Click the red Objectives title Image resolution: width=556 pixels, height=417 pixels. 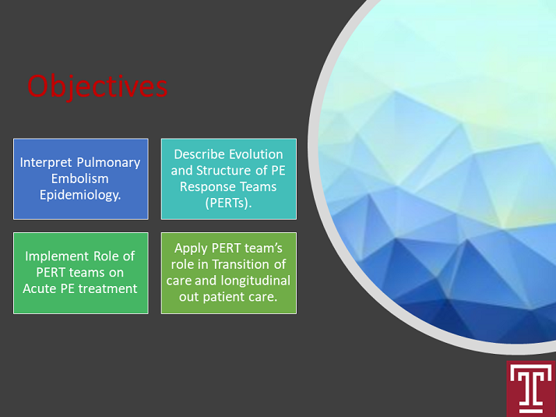coord(97,87)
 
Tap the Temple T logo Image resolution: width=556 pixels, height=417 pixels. coord(531,389)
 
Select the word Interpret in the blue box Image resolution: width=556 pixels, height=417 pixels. coord(46,163)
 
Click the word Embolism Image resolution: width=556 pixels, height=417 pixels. coord(79,178)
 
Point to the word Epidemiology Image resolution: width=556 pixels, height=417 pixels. coord(80,195)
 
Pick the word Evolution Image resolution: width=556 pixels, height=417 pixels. coord(255,154)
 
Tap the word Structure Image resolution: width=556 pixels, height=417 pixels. coord(223,171)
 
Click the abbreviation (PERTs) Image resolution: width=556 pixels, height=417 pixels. coord(228,203)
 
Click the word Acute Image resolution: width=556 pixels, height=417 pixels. coord(40,289)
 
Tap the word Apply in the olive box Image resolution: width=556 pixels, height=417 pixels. coord(191,249)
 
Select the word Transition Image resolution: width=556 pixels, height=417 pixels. coord(241,264)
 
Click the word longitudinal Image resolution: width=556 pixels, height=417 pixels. coord(255,281)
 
